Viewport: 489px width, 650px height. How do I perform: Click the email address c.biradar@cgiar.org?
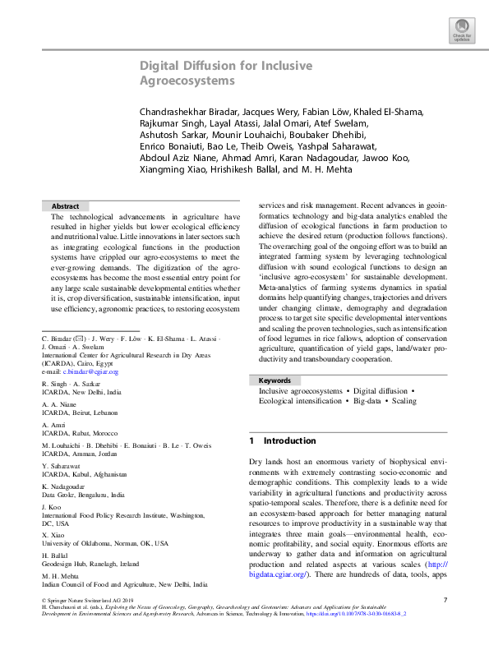pos(87,395)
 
